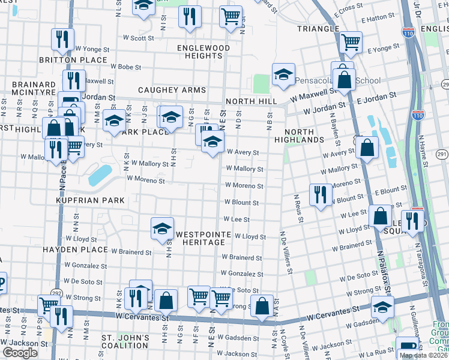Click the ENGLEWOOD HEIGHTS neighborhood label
pyautogui.click(x=203, y=52)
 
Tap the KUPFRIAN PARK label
pyautogui.click(x=90, y=200)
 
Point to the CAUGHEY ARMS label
pyautogui.click(x=172, y=90)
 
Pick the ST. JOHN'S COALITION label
pyautogui.click(x=125, y=342)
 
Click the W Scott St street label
pyautogui.click(x=142, y=38)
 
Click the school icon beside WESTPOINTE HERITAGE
pyautogui.click(x=162, y=228)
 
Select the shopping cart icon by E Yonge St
pyautogui.click(x=351, y=42)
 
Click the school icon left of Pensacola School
pyautogui.click(x=283, y=74)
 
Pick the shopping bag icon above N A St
pyautogui.click(x=262, y=306)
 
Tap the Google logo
pyautogui.click(x=20, y=353)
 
